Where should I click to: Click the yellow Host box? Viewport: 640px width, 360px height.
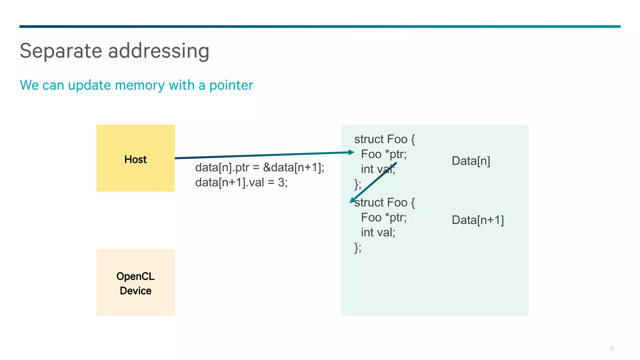tap(135, 158)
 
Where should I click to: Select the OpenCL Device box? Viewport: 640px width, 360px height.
tap(135, 282)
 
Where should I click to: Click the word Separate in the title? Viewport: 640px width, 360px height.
tap(61, 51)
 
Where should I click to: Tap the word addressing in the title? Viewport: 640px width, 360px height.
tap(158, 51)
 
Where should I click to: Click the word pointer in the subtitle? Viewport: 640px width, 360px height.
tap(231, 85)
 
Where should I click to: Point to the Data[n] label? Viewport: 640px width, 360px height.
tap(471, 161)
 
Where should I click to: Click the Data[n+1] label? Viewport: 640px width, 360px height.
tap(477, 220)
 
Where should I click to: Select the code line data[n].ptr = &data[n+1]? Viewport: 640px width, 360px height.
tap(260, 167)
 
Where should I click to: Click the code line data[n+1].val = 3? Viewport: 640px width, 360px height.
tap(241, 182)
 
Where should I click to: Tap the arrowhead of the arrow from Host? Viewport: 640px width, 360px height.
tap(352, 152)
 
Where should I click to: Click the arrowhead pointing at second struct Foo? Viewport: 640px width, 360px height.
tap(352, 200)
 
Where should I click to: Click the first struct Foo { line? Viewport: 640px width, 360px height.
tap(384, 139)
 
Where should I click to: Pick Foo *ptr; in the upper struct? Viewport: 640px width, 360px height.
tap(384, 154)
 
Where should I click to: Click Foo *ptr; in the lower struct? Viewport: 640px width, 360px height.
tap(384, 217)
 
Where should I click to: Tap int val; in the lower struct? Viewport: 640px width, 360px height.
tap(378, 232)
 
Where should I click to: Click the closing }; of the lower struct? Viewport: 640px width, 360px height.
tap(358, 247)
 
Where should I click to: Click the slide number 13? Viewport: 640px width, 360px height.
tap(612, 349)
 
